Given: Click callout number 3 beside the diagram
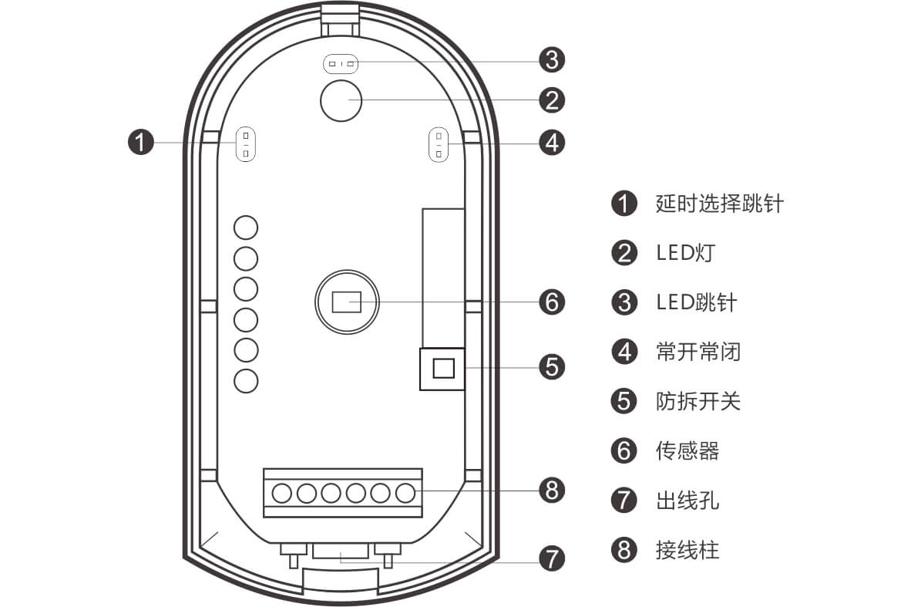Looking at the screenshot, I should [552, 59].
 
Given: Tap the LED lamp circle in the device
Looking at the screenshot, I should [340, 100].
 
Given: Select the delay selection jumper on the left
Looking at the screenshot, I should [246, 143].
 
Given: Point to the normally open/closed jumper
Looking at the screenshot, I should [439, 143].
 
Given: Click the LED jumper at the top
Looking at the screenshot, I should [341, 64].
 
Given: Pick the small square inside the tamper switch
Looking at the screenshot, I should [442, 369].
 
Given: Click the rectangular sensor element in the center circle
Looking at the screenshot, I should [346, 301].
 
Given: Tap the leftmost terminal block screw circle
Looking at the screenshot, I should [282, 492].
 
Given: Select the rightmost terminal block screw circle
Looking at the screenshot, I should [405, 492].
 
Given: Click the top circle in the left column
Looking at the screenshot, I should [246, 228].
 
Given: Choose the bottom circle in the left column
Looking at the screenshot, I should [246, 380].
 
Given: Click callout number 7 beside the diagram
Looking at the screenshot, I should [552, 558].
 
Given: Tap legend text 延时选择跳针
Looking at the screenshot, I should [719, 204].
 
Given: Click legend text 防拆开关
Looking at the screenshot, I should [698, 401].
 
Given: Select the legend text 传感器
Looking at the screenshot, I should [687, 450].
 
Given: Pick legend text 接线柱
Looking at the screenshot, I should [687, 550].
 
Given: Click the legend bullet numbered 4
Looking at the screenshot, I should [624, 352].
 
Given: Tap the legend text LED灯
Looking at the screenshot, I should [687, 253].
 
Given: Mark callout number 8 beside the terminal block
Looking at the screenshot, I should [552, 490].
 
